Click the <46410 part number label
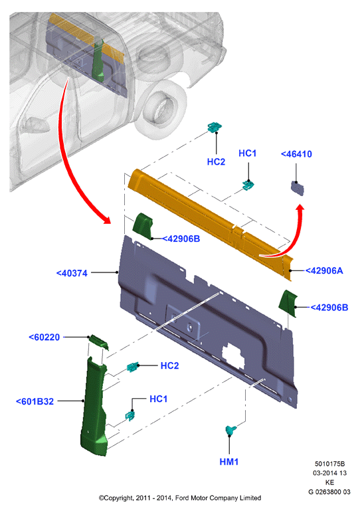296,153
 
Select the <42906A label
324,270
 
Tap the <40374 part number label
72,273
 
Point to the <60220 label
45,337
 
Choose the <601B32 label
35,401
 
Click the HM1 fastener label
228,461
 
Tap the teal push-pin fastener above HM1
230,430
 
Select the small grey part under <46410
297,188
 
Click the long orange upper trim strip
209,223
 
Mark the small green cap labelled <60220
99,342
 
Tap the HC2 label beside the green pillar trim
169,365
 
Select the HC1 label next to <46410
247,153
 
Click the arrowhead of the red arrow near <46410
300,209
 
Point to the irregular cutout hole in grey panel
234,356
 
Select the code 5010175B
329,464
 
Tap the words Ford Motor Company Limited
218,498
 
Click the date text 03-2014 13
329,473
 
